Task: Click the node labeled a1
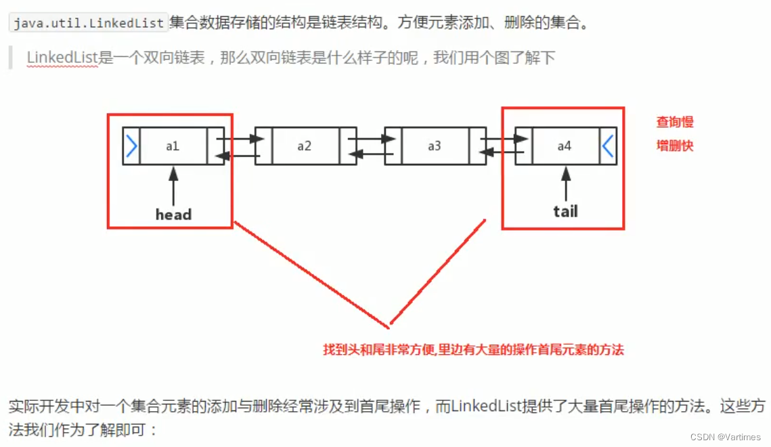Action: (173, 146)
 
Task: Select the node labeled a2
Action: (304, 146)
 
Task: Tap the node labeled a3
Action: (435, 146)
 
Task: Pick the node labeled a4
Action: (565, 146)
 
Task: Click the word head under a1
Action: (173, 215)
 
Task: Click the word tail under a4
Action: (565, 211)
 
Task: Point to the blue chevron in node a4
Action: (608, 146)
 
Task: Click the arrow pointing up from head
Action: (173, 186)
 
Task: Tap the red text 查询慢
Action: (675, 123)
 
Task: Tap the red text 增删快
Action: (675, 146)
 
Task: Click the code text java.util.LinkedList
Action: (88, 23)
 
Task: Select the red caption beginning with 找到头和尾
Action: (473, 349)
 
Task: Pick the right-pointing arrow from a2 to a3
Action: (371, 139)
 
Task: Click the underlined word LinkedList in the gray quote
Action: (62, 58)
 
